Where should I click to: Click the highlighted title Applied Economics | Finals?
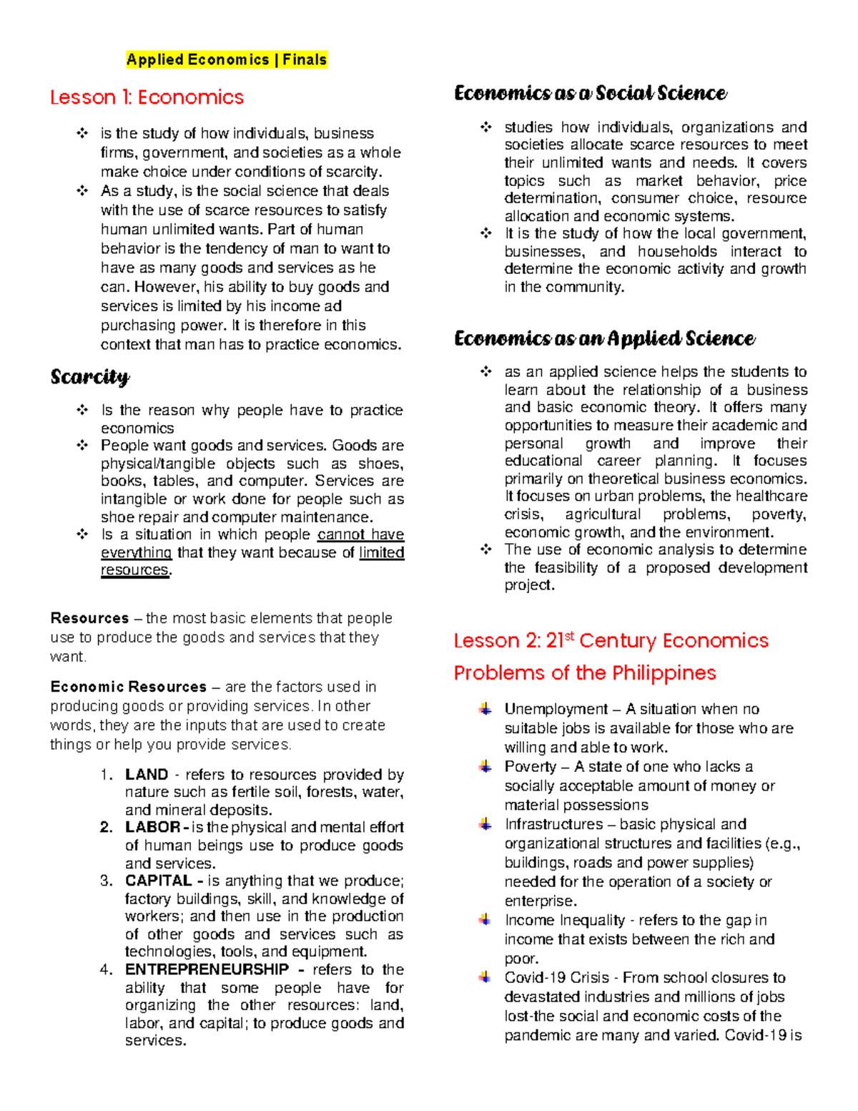pyautogui.click(x=227, y=60)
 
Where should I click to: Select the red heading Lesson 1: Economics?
pyautogui.click(x=147, y=97)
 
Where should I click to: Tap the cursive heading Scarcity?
pyautogui.click(x=90, y=377)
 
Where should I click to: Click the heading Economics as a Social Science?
pyautogui.click(x=591, y=94)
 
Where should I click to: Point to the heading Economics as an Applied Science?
pyautogui.click(x=604, y=338)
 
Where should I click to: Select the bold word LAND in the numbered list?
pyautogui.click(x=147, y=775)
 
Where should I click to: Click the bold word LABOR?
pyautogui.click(x=153, y=828)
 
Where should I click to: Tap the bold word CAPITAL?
pyautogui.click(x=159, y=881)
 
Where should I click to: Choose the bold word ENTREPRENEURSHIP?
pyautogui.click(x=207, y=970)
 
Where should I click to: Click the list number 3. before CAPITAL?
pyautogui.click(x=107, y=881)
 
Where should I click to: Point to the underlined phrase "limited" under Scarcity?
pyautogui.click(x=382, y=553)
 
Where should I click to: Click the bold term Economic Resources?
pyautogui.click(x=129, y=687)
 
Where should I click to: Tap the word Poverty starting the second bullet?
pyautogui.click(x=530, y=767)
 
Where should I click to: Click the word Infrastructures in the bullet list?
pyautogui.click(x=553, y=824)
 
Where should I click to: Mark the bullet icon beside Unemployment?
pyautogui.click(x=485, y=709)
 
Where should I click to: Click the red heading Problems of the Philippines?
pyautogui.click(x=585, y=673)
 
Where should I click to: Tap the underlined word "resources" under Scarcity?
pyautogui.click(x=135, y=570)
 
